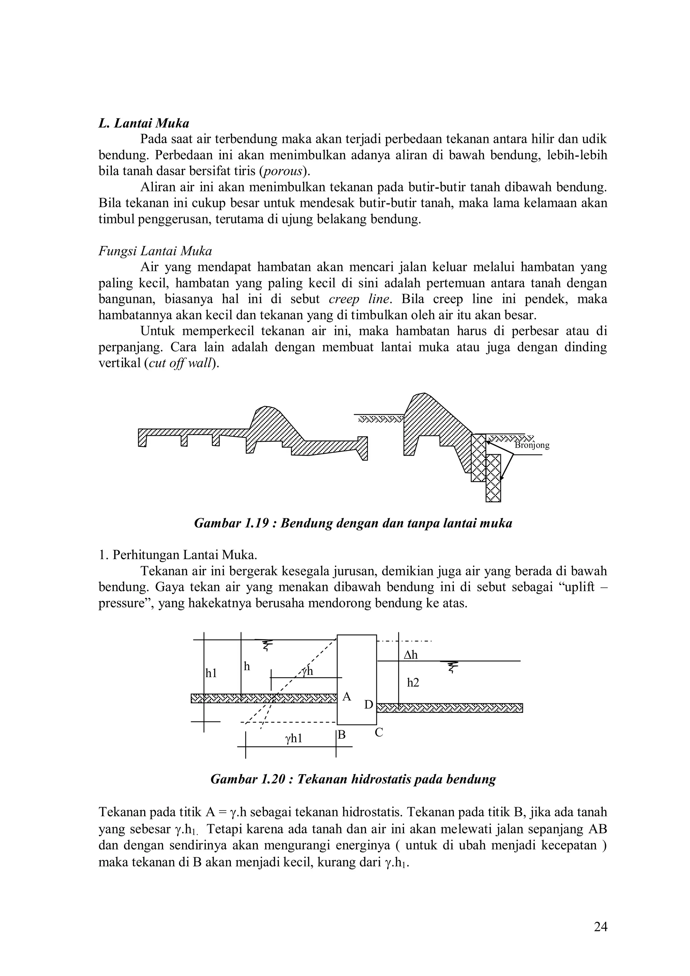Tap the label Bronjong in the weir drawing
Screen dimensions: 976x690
532,446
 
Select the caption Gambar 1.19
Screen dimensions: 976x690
353,523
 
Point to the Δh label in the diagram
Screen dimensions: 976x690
410,655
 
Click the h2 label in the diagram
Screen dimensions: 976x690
413,683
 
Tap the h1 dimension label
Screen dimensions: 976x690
211,673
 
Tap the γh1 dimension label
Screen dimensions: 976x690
293,739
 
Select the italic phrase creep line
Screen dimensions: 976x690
359,299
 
